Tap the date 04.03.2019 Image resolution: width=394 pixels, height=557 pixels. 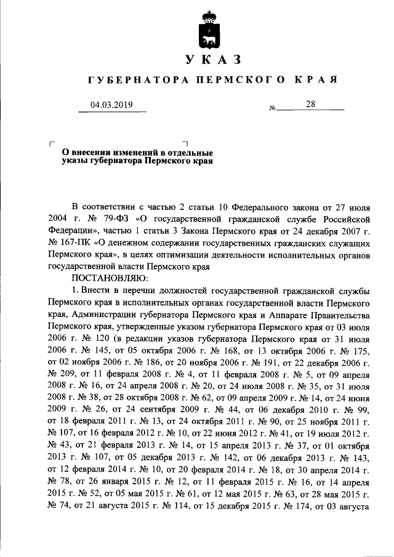[111, 105]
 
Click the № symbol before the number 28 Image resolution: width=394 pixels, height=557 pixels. [272, 108]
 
